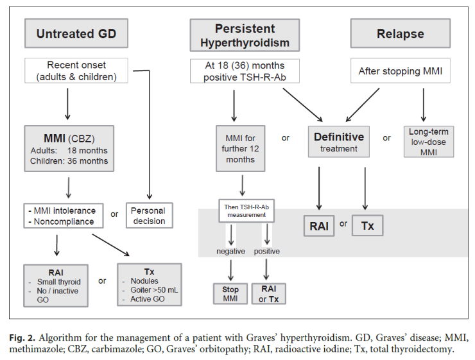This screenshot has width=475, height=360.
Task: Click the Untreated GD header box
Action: pos(76,33)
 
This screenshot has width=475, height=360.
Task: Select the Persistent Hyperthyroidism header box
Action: pos(245,35)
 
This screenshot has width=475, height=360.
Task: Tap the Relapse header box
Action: pos(401,33)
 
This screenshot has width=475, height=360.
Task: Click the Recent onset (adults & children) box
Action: pos(76,71)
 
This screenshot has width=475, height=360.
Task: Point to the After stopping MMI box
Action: pos(401,71)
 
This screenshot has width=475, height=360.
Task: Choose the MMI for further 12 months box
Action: pos(241,149)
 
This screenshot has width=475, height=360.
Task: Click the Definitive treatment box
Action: pos(339,142)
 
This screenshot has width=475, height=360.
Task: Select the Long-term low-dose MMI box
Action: pos(429,142)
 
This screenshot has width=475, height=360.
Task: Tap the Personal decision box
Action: pos(150,215)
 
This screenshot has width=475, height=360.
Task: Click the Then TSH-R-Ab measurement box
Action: pos(246,210)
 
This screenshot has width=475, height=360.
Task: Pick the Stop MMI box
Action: pos(230,294)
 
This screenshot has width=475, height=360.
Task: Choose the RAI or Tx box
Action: pos(269,294)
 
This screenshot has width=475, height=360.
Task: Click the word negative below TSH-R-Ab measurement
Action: pos(231,252)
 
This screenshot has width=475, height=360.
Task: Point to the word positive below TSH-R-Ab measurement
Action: pos(267,252)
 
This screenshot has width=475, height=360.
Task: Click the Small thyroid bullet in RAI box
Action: pos(55,282)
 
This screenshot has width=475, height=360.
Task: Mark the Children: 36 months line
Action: pos(69,161)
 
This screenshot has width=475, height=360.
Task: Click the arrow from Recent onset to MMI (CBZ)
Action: pos(67,104)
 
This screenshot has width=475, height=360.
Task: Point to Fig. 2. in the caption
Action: pos(22,338)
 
